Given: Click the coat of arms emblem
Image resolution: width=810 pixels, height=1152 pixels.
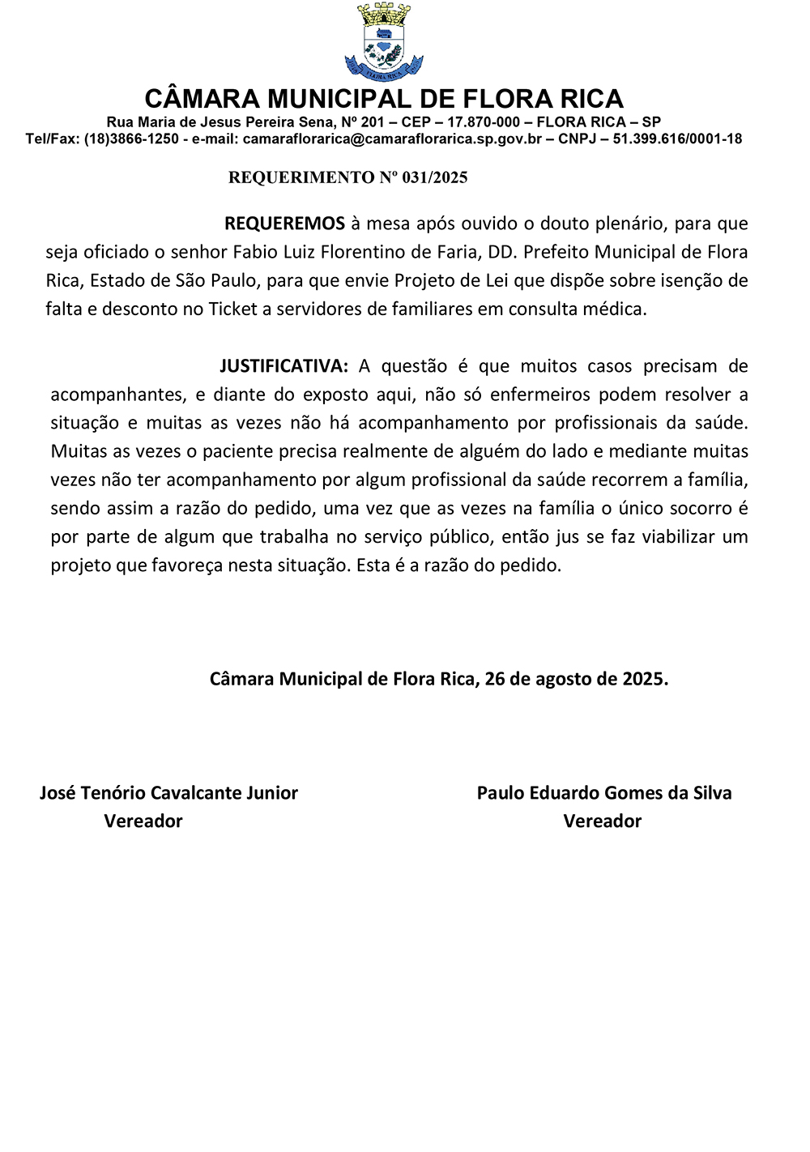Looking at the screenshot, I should pyautogui.click(x=384, y=42).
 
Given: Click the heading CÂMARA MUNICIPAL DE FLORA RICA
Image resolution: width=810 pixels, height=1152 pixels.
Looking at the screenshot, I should pyautogui.click(x=384, y=99).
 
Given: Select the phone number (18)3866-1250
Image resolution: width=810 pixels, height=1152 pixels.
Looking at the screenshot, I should pyautogui.click(x=131, y=139).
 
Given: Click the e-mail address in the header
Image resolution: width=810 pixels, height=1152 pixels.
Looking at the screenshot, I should pyautogui.click(x=392, y=139).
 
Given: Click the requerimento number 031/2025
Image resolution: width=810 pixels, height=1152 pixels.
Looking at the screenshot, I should pyautogui.click(x=435, y=177).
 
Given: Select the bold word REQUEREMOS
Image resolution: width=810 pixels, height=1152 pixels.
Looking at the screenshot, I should pyautogui.click(x=284, y=224).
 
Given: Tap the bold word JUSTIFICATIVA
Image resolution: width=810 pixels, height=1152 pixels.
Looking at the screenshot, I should pyautogui.click(x=283, y=366).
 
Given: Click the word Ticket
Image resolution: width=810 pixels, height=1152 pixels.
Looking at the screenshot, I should pyautogui.click(x=233, y=309).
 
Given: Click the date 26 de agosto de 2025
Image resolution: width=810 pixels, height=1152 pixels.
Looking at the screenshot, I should pyautogui.click(x=576, y=679).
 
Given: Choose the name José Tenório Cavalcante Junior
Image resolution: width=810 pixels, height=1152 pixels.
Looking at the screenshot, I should pyautogui.click(x=168, y=793).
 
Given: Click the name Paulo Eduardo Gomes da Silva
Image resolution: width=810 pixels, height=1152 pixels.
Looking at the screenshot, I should pyautogui.click(x=604, y=793).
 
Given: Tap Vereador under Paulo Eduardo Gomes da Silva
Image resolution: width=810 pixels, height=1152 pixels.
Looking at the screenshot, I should pyautogui.click(x=602, y=821).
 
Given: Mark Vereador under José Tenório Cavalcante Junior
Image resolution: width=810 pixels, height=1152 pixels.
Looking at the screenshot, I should pyautogui.click(x=143, y=821).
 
